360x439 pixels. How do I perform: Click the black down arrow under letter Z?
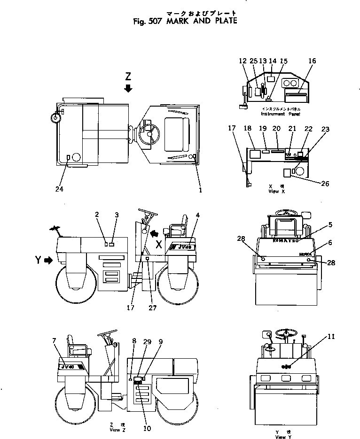128,88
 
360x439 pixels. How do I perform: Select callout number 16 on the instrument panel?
312,61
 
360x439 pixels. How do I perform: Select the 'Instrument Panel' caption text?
281,114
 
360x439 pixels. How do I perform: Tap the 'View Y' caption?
281,437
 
